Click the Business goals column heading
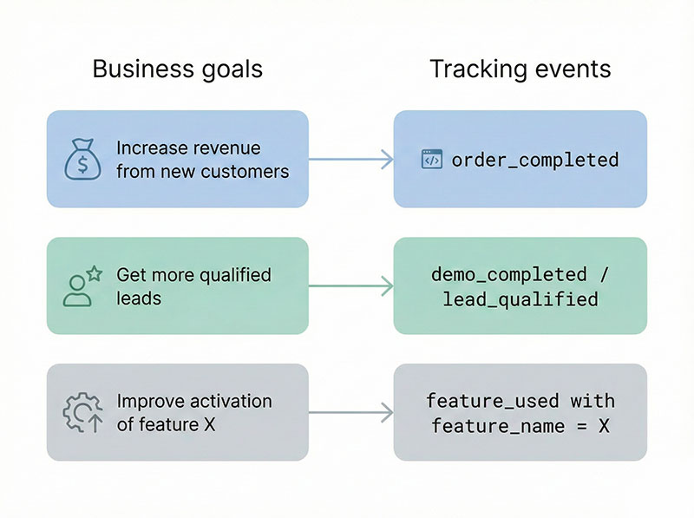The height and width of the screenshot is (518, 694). click(x=177, y=69)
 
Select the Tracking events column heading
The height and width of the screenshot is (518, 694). click(x=520, y=69)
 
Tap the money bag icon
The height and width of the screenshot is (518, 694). click(x=83, y=159)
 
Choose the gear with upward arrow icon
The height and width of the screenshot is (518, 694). click(x=82, y=413)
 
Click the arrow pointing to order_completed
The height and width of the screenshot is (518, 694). click(x=350, y=159)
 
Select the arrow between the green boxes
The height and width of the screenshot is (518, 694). click(x=350, y=285)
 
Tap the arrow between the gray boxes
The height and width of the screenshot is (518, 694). click(x=350, y=412)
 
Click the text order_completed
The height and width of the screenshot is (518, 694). click(x=535, y=160)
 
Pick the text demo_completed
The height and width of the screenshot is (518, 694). click(x=508, y=274)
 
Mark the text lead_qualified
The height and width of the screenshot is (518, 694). click(x=520, y=299)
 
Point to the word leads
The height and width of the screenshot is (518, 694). click(x=139, y=298)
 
